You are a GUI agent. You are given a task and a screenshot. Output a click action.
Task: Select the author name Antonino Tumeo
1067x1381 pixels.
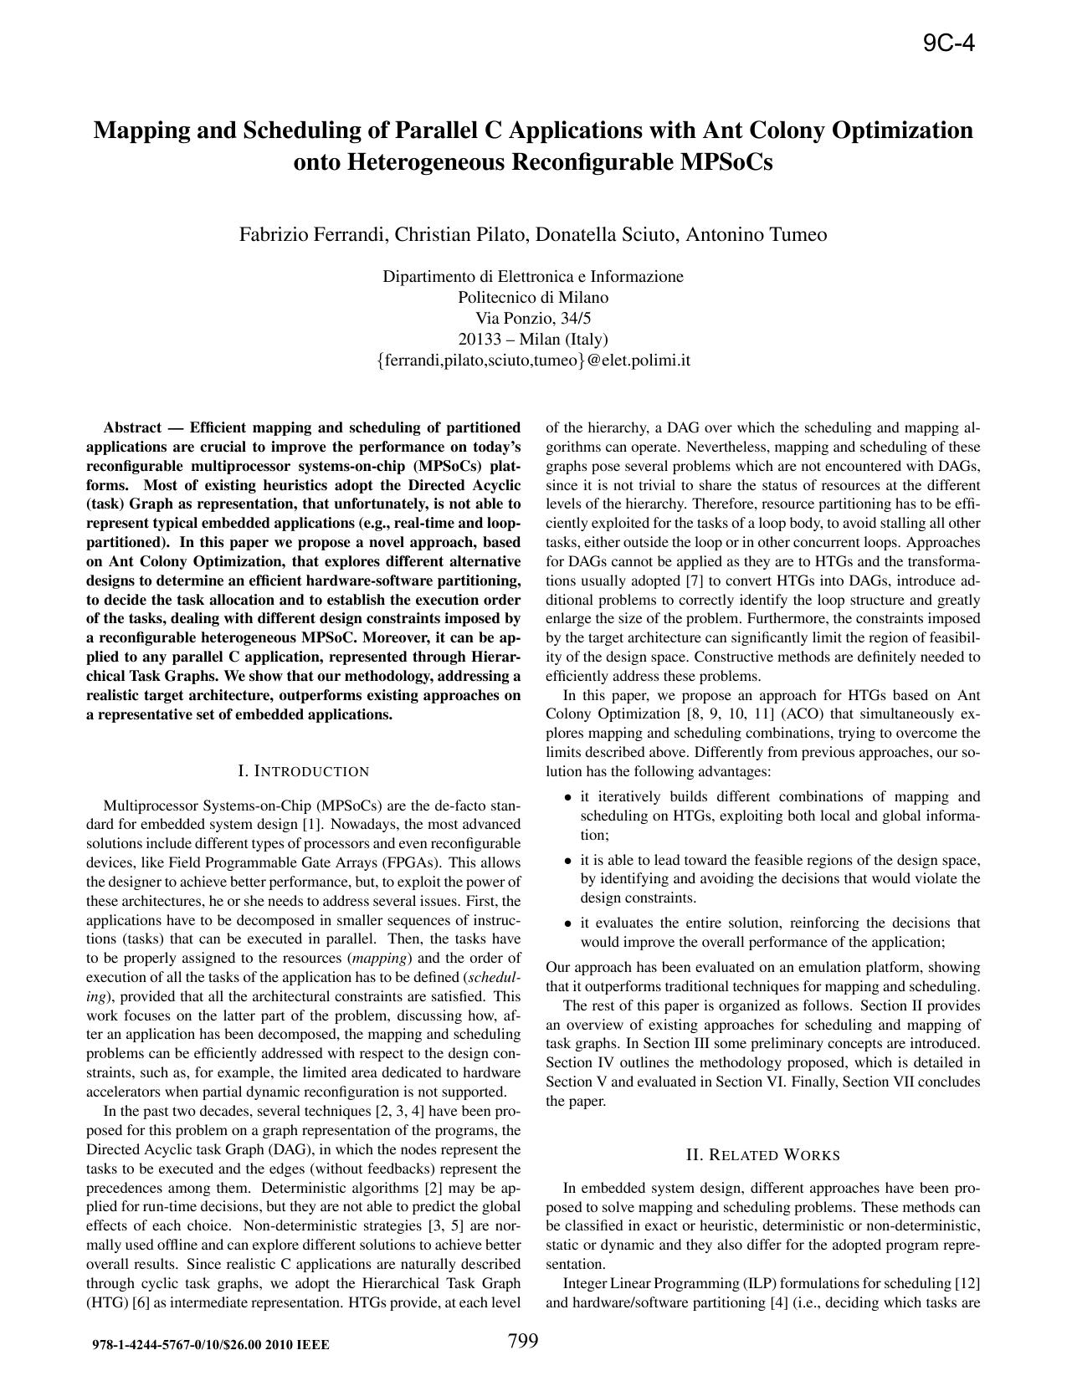point(757,235)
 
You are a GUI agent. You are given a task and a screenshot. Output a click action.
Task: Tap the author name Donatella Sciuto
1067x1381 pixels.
point(607,235)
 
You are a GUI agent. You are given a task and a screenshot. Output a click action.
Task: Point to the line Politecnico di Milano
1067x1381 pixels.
point(533,298)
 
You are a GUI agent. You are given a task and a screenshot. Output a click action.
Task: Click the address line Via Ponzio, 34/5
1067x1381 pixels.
point(533,319)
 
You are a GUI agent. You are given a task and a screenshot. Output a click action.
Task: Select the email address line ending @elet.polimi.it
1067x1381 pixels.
point(533,361)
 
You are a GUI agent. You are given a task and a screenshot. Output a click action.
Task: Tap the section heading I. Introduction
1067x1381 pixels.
point(303,771)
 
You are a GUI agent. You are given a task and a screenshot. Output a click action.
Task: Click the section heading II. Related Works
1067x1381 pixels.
point(762,1156)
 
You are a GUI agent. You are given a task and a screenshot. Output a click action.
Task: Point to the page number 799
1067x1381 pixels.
point(523,1342)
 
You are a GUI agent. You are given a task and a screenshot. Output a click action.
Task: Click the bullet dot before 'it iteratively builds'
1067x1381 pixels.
point(568,798)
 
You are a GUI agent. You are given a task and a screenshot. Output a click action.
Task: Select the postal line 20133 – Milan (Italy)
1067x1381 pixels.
point(533,340)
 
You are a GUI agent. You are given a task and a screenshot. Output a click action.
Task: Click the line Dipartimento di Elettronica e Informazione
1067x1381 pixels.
point(533,277)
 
